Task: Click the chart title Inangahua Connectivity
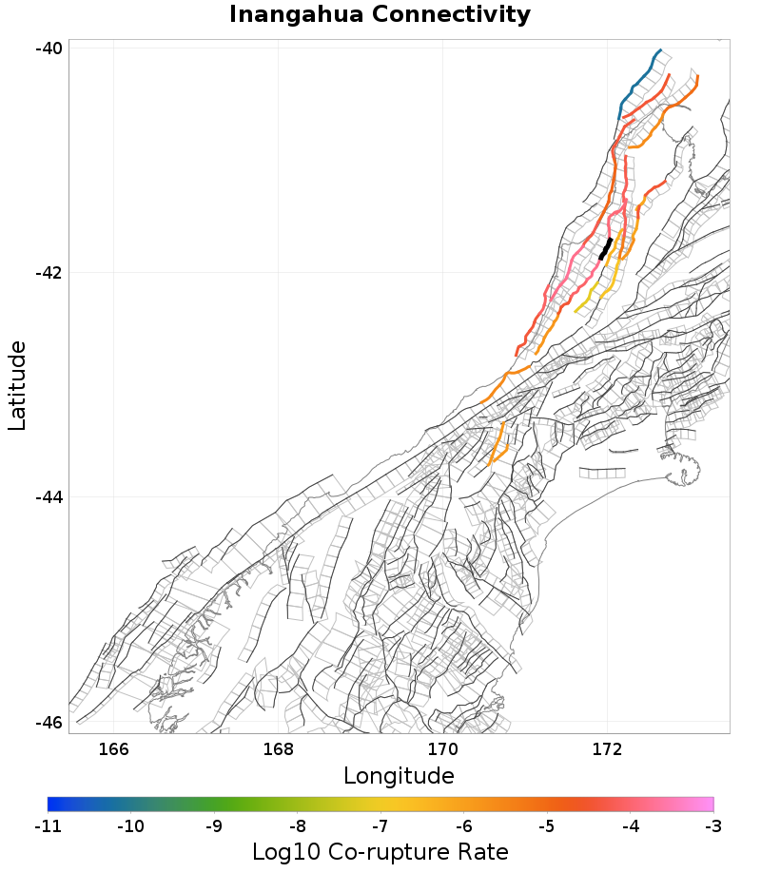point(380,15)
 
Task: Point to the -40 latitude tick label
point(49,48)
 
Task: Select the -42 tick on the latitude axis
point(49,273)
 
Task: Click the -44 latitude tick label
point(49,497)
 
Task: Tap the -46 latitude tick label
point(49,722)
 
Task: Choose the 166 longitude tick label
point(113,749)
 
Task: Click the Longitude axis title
point(399,776)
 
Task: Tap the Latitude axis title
point(18,386)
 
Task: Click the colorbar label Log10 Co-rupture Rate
point(380,852)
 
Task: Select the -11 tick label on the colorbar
point(48,826)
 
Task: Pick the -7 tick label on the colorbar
point(380,826)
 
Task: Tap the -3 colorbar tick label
point(712,826)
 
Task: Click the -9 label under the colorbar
point(214,826)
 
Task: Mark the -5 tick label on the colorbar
point(546,826)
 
